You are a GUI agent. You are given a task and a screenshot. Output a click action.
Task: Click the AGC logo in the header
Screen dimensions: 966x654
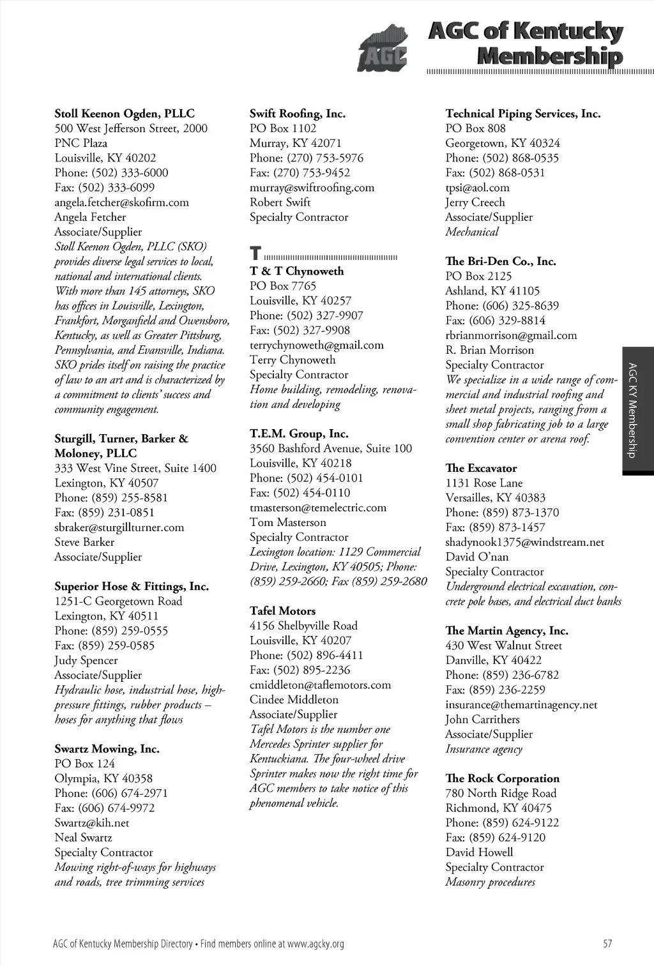point(381,48)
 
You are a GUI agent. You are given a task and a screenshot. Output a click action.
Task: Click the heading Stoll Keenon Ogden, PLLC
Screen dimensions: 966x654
point(125,114)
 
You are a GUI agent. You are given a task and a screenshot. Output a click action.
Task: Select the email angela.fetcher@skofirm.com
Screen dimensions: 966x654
point(121,202)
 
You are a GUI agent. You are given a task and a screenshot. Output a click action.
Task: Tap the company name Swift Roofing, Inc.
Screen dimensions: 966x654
point(297,114)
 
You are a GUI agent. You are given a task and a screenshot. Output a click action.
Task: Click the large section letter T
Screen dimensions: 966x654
point(255,253)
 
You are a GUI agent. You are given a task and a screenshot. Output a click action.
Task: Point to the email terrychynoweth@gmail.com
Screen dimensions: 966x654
point(316,345)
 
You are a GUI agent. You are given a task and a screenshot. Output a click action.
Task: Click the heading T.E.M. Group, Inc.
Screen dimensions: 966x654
point(299,434)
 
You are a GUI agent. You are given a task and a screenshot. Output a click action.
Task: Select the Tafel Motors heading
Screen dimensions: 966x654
point(282,611)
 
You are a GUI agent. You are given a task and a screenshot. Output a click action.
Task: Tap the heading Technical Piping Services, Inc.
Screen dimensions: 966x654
point(522,114)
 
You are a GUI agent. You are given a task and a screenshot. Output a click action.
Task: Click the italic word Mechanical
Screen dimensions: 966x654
point(471,232)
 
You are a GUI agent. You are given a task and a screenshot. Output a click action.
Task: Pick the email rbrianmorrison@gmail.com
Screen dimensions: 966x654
point(511,335)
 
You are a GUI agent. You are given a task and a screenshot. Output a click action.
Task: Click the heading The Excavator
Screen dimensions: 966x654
point(481,468)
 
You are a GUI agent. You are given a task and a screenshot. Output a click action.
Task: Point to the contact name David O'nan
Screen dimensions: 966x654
point(476,557)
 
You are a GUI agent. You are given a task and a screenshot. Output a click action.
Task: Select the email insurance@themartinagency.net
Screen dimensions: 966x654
point(521,705)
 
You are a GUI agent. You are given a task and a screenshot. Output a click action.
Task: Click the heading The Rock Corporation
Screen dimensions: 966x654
point(502,778)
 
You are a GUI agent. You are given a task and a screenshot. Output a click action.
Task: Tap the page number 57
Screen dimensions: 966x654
point(607,944)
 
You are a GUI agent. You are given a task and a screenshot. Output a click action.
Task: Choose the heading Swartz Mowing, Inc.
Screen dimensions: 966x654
point(107,749)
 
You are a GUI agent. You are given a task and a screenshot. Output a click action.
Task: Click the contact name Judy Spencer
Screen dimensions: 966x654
point(86,660)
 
